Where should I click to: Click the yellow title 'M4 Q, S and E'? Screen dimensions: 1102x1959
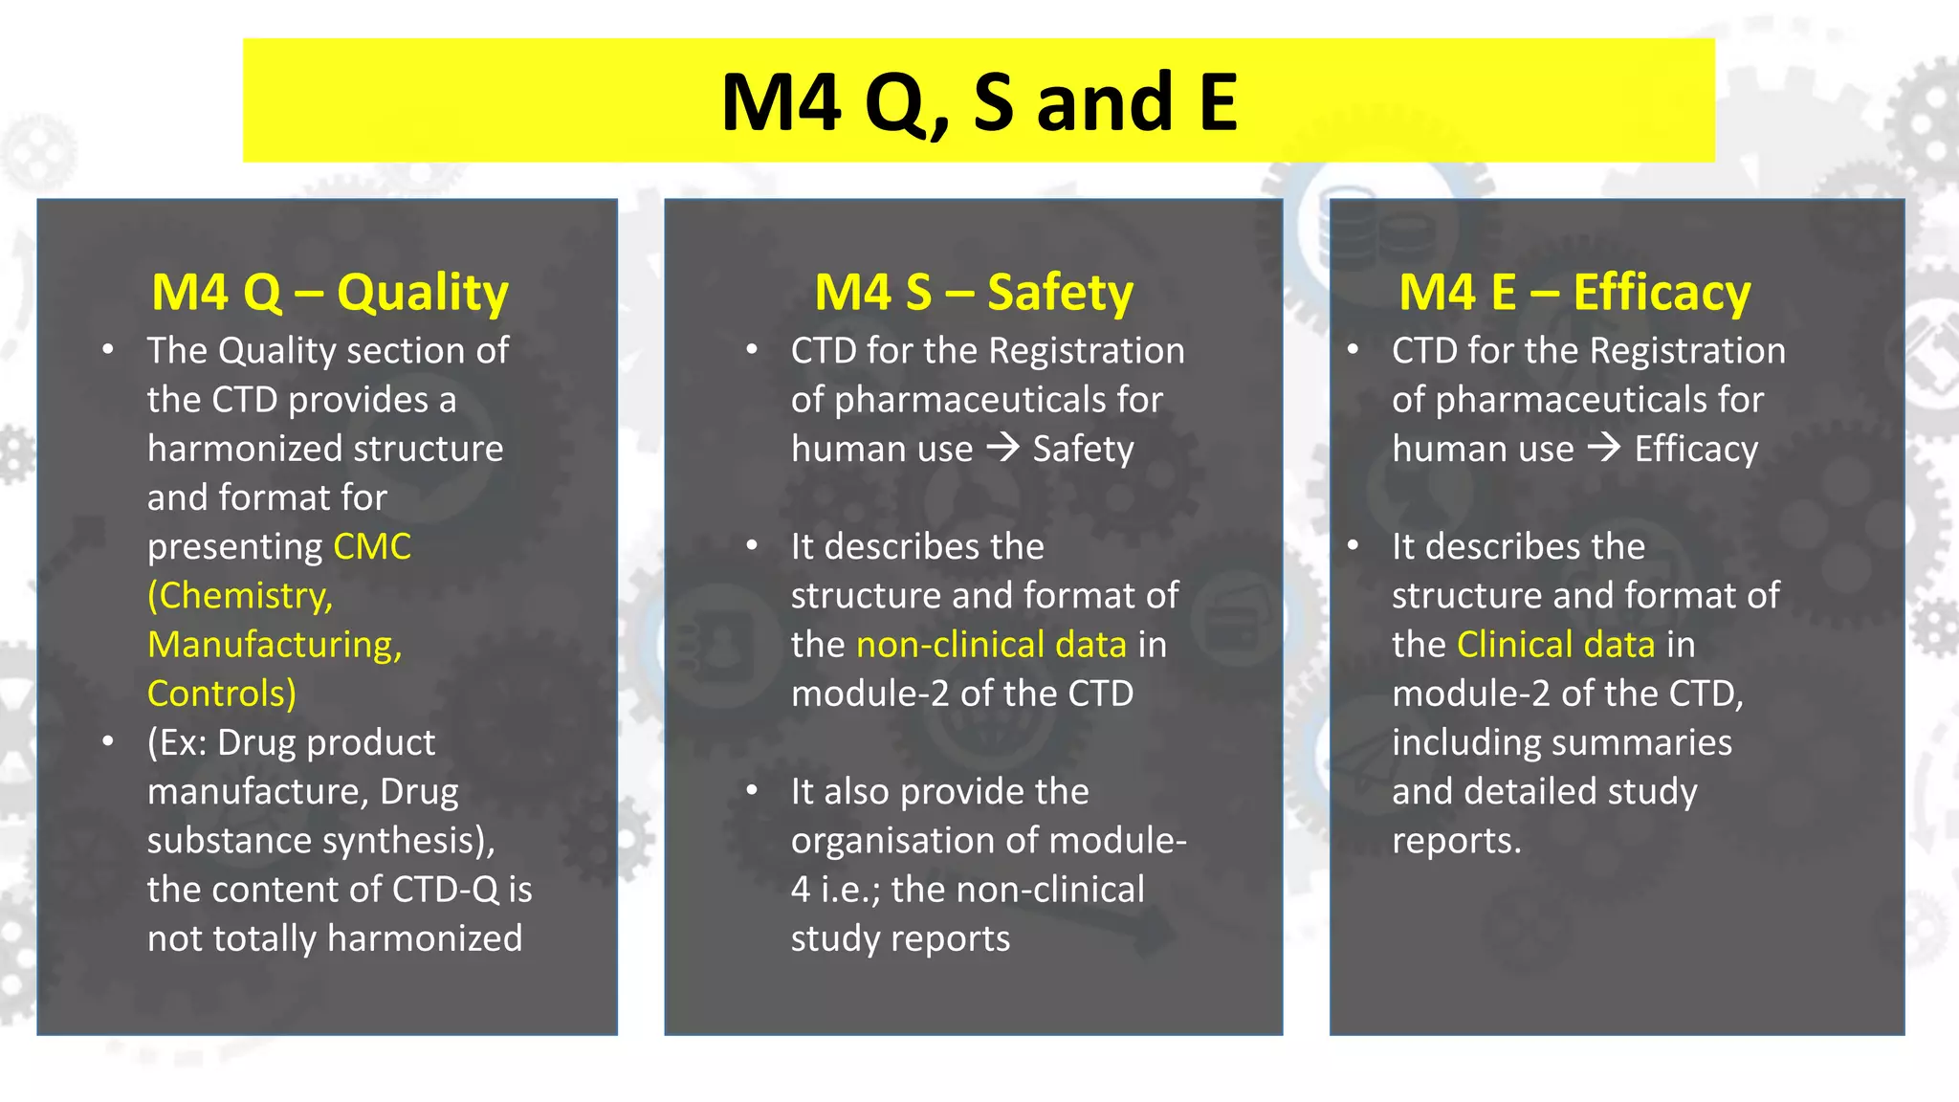(979, 101)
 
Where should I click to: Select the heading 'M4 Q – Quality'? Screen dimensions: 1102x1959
(329, 292)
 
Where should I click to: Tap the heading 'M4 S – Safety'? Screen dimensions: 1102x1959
(973, 292)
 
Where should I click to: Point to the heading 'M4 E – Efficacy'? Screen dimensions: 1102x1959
(1574, 292)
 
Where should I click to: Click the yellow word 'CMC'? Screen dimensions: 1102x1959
(372, 546)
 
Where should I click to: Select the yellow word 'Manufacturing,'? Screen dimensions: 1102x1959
(275, 644)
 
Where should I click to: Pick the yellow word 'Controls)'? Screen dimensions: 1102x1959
(222, 693)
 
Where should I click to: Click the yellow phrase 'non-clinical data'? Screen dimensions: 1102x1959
(991, 644)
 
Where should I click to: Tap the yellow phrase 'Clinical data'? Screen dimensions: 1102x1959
(1555, 644)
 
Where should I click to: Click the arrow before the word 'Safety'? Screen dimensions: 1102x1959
(1002, 448)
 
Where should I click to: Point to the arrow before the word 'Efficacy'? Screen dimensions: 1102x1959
(1604, 448)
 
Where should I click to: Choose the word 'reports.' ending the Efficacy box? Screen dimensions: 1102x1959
(1456, 840)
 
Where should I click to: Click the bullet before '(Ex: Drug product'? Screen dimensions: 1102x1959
(108, 741)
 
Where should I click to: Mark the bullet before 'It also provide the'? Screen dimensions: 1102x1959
(752, 790)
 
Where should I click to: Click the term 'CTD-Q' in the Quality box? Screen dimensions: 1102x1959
(446, 889)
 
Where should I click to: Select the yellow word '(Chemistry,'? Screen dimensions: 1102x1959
(240, 595)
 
